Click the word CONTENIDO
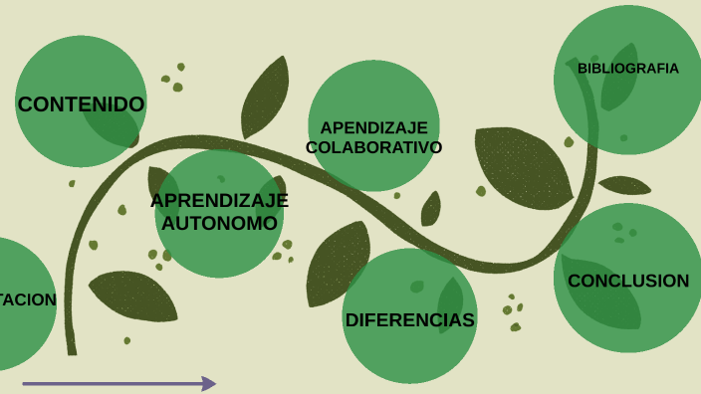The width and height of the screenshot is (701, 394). click(x=81, y=103)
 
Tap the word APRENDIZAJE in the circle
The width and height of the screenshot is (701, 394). click(x=219, y=200)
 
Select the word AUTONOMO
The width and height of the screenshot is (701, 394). click(x=219, y=223)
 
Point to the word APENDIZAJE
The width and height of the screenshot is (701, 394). click(x=373, y=127)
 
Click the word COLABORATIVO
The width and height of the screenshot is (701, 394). click(x=373, y=147)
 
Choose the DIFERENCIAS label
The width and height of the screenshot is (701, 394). click(x=409, y=319)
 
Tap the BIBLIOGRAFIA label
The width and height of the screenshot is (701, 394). click(x=627, y=69)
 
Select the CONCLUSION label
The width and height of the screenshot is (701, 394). click(x=627, y=281)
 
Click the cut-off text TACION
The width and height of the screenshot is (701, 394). click(x=28, y=299)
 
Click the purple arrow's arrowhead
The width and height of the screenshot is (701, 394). click(x=209, y=383)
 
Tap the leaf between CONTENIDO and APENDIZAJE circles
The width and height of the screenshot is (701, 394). click(x=266, y=97)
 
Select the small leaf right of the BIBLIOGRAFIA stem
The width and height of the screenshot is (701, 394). click(x=624, y=185)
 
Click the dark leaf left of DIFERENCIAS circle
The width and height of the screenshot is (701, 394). click(x=337, y=263)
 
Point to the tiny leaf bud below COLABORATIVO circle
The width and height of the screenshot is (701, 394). click(x=431, y=209)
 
